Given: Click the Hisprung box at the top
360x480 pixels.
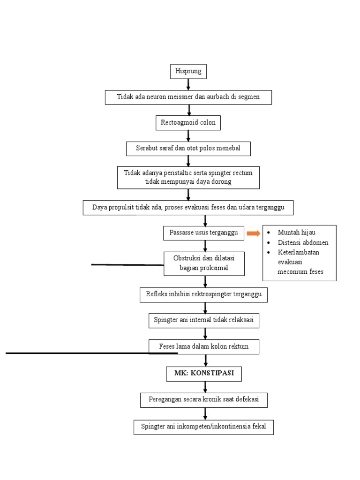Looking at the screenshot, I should click(188, 72).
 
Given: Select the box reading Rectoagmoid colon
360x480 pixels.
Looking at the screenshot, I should click(188, 123).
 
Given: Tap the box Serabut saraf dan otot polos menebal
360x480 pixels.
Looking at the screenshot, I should click(188, 149).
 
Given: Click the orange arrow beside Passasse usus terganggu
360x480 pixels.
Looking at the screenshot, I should click(253, 233).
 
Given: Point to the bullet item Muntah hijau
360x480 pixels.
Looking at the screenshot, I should click(296, 232).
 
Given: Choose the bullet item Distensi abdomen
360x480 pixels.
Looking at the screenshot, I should click(303, 242).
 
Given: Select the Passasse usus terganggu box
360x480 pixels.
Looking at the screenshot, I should click(203, 233).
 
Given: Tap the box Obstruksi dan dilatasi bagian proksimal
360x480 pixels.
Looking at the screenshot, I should click(204, 263).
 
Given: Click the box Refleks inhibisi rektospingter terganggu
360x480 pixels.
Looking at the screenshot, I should click(203, 295).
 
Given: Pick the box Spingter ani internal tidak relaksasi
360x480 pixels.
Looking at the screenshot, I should click(204, 321).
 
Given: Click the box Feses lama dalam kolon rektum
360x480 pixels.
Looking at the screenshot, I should click(203, 347).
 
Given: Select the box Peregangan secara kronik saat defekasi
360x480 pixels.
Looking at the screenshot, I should click(204, 400).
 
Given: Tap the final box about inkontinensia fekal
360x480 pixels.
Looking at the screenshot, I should click(203, 427).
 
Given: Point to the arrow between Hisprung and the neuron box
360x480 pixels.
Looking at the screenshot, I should click(188, 84).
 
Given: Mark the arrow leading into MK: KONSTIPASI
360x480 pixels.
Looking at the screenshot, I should click(205, 360).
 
